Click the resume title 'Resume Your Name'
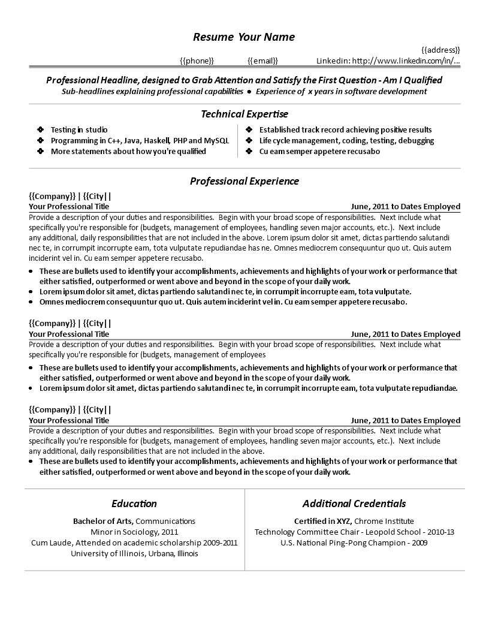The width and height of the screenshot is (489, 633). point(244,37)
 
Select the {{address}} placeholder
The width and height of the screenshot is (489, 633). point(440,50)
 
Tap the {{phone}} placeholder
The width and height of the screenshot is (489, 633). point(197,61)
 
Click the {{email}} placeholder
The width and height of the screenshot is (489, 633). point(262,61)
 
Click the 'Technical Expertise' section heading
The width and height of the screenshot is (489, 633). point(244,114)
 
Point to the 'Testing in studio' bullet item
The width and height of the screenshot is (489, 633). point(79,129)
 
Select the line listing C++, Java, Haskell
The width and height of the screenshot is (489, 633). point(140,140)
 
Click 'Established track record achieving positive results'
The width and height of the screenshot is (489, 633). point(345,129)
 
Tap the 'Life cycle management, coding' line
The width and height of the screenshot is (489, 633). point(346,140)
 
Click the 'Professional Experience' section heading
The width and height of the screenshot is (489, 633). point(244,181)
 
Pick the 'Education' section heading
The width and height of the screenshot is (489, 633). point(134,504)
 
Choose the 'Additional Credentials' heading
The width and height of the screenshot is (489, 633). point(354,504)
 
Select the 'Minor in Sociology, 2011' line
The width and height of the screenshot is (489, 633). point(134,532)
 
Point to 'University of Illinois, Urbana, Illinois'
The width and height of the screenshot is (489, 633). point(134,553)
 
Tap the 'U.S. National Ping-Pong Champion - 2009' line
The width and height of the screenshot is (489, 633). point(354,542)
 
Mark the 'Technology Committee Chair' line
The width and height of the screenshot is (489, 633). point(354,532)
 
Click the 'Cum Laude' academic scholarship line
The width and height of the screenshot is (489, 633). point(134,542)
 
